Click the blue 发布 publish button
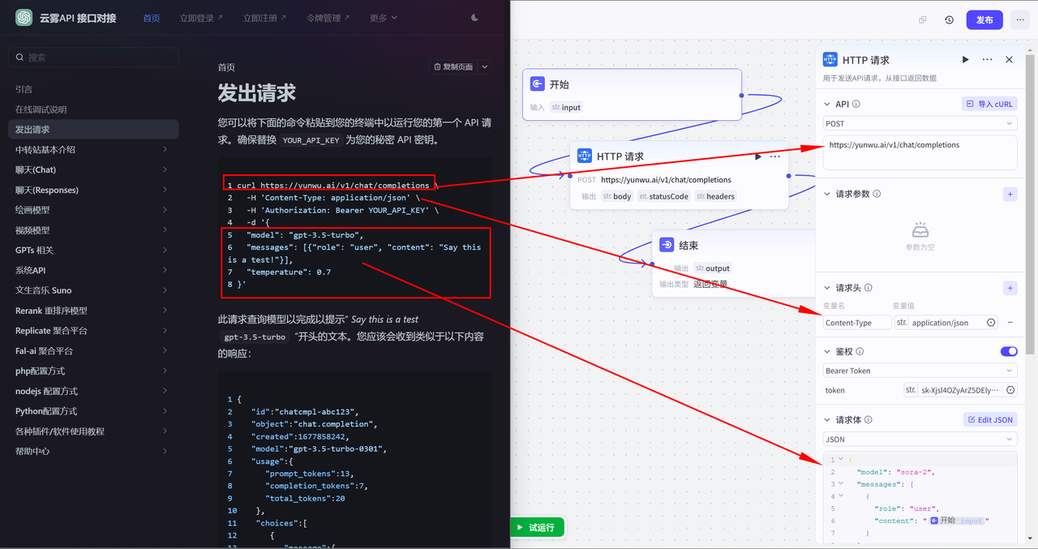coord(984,20)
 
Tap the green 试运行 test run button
coord(537,527)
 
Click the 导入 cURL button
coord(989,104)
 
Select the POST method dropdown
coord(920,124)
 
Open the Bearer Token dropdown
coord(920,371)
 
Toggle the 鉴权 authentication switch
coord(1009,352)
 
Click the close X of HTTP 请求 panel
coord(1009,60)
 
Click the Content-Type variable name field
coord(857,323)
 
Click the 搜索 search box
coord(93,58)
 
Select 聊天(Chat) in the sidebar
coord(36,169)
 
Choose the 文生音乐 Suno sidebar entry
coord(44,290)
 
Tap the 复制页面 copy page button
coord(453,66)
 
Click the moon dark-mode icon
coord(474,18)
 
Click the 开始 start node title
coord(560,84)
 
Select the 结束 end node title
coord(688,246)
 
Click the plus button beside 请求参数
coord(1010,194)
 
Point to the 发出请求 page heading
coord(257,93)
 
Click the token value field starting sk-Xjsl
coord(959,390)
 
